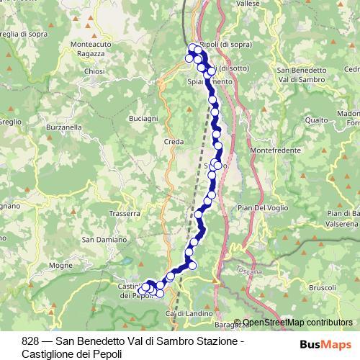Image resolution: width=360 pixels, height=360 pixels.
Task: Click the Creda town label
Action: coord(174,142)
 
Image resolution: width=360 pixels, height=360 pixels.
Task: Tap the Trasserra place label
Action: coord(124,214)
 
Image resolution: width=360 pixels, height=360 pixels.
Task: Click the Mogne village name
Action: coord(61,266)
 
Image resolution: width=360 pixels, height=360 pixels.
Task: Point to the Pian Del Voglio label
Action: coord(262,208)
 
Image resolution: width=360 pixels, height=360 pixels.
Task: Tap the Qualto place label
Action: coord(316,120)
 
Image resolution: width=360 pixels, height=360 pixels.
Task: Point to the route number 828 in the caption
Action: coord(31,341)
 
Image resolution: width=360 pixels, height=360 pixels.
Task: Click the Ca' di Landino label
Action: coord(181,314)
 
